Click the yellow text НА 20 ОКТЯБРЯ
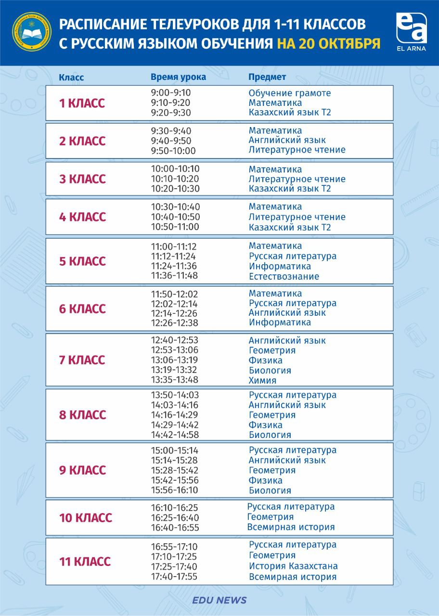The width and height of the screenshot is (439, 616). (x=328, y=44)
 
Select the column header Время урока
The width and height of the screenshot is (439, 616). (x=178, y=77)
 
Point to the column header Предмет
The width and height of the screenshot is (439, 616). (x=267, y=77)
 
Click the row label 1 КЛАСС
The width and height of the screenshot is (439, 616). (x=81, y=103)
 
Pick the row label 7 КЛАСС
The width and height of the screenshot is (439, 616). (x=81, y=360)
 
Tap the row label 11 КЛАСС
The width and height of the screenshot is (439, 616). (x=85, y=562)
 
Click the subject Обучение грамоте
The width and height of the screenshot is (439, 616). (x=290, y=93)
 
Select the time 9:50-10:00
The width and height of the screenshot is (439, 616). (x=173, y=151)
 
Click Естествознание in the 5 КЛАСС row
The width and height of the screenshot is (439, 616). (x=284, y=277)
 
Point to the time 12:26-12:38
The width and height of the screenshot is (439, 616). (x=174, y=323)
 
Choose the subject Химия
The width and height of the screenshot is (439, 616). (x=262, y=381)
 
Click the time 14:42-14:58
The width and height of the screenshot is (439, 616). (x=175, y=435)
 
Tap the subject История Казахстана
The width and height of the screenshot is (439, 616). (x=293, y=566)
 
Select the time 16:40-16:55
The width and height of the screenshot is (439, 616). (x=175, y=528)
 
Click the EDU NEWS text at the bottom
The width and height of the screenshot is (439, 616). (x=219, y=600)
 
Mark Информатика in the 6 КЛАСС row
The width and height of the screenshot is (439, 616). (x=280, y=323)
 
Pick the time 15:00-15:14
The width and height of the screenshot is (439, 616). (x=174, y=451)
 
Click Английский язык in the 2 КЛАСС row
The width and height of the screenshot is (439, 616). (x=287, y=141)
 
